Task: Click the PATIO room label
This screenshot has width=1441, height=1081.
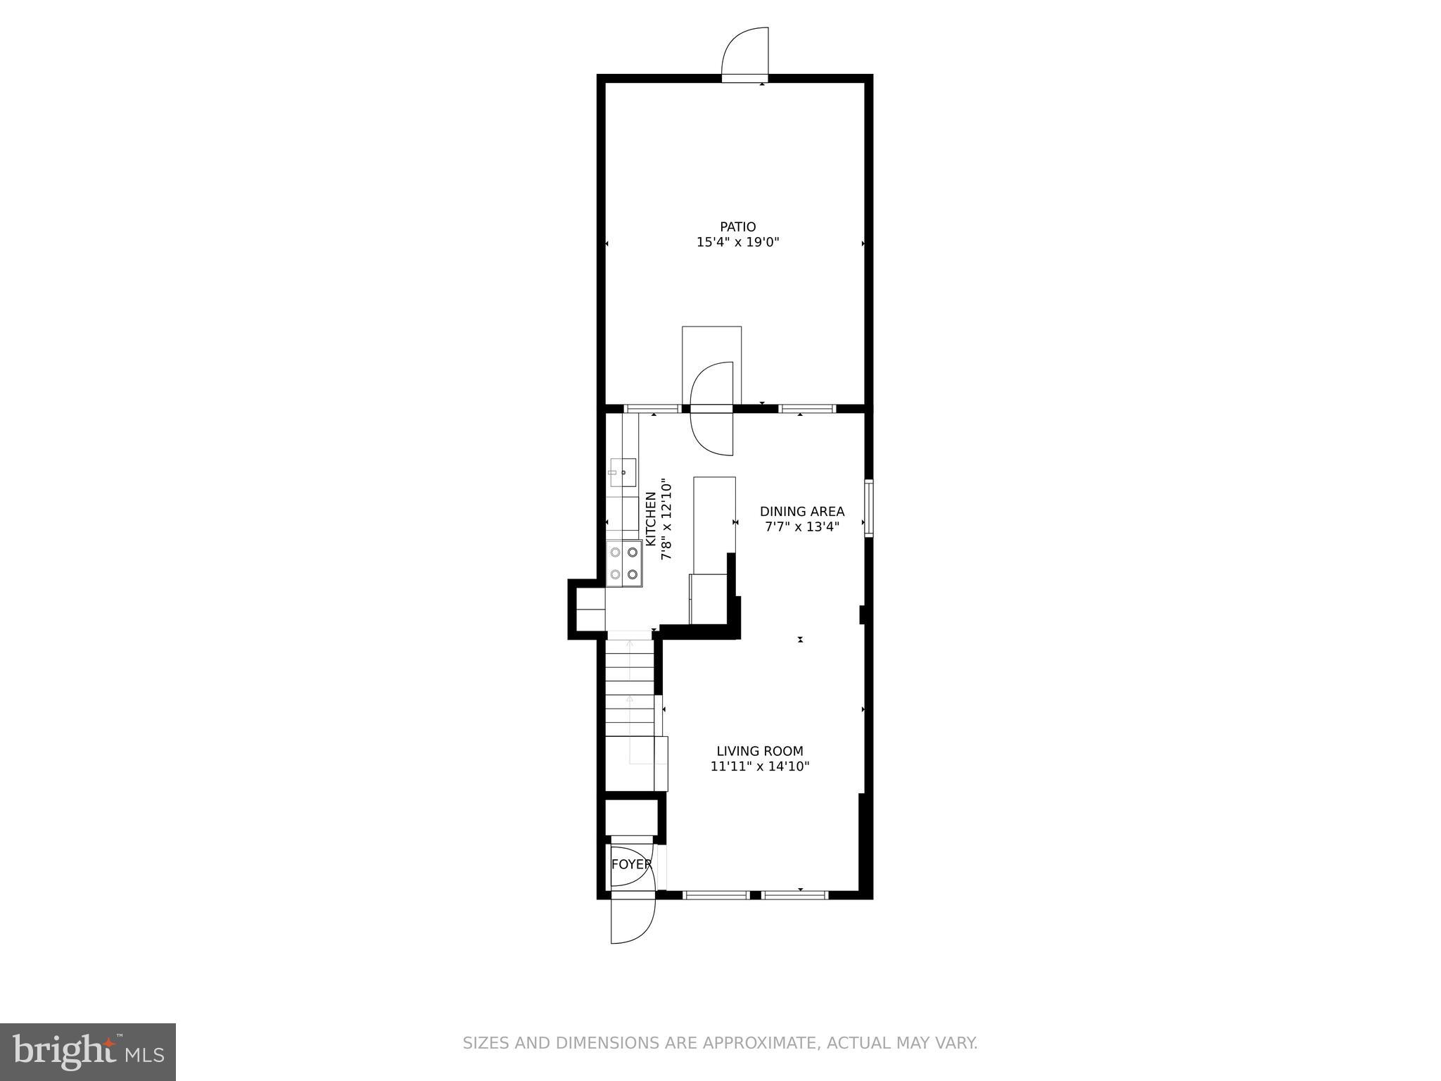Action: (737, 227)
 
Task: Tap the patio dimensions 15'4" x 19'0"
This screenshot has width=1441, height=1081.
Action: (737, 243)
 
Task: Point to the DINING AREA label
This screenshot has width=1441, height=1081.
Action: (801, 512)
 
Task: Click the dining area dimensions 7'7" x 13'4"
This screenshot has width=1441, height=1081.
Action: (801, 527)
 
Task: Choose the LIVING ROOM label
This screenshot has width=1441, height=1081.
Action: (759, 751)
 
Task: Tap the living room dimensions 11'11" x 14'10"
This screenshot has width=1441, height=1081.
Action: (759, 766)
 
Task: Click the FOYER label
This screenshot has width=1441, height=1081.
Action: (630, 864)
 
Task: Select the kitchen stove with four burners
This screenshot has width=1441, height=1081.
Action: (624, 563)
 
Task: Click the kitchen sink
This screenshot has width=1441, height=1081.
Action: (622, 472)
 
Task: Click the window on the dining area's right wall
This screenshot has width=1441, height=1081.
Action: (869, 508)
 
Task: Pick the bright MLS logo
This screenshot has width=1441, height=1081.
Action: (88, 1051)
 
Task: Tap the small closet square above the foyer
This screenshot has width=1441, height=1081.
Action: (631, 817)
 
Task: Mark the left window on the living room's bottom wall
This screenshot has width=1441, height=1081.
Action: (716, 895)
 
